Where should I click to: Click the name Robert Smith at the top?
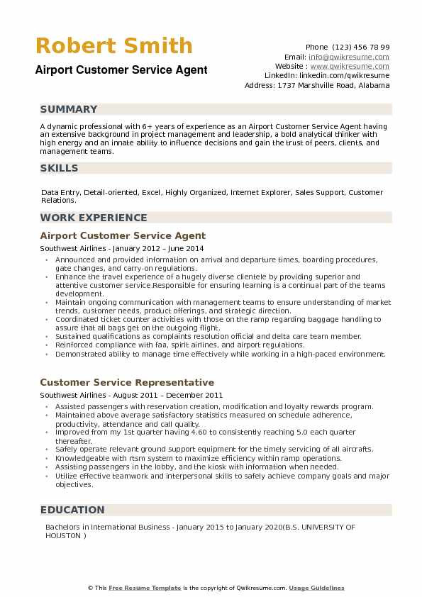tap(114, 46)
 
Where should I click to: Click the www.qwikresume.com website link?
tap(349, 66)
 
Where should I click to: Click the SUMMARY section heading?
tap(69, 109)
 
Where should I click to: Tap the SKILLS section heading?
tap(60, 168)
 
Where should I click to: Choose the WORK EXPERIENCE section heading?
tap(94, 218)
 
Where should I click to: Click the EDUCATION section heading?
tap(72, 510)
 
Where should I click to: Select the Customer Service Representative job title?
tap(127, 382)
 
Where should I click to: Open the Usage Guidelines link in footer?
tap(316, 588)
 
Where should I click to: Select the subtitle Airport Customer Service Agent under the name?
tap(121, 69)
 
